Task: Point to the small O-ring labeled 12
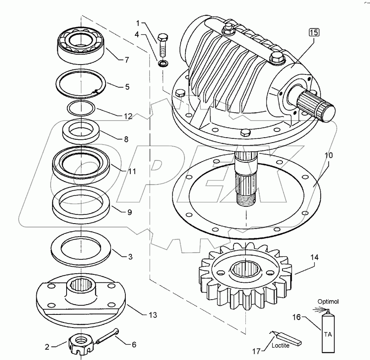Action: [81, 108]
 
